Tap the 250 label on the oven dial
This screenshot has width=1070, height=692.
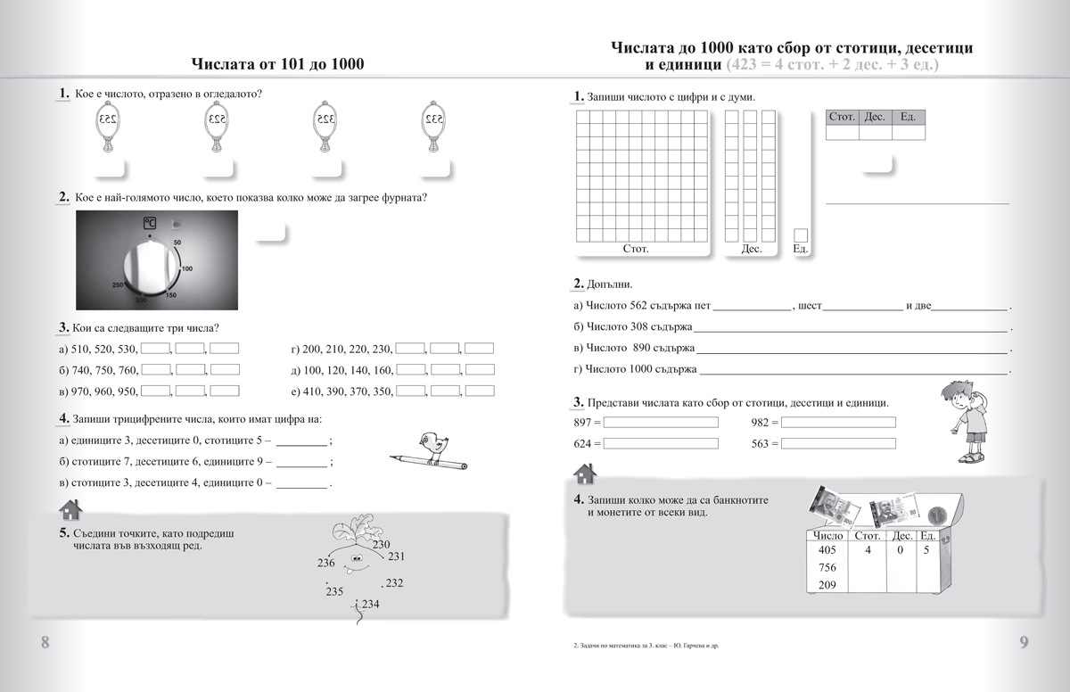[x=117, y=284]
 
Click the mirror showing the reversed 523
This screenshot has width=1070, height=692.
[x=216, y=120]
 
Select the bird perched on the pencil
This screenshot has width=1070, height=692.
[x=429, y=443]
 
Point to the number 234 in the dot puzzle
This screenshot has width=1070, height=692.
[x=370, y=605]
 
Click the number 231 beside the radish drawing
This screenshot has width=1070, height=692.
[x=397, y=556]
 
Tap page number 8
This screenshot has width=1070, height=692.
[x=45, y=643]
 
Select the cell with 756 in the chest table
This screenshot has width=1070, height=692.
[x=827, y=568]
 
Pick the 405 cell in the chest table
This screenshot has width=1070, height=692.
[x=827, y=550]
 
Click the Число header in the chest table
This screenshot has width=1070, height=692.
[x=827, y=536]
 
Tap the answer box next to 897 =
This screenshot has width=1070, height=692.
[x=661, y=422]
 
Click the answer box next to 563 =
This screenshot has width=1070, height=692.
[x=838, y=443]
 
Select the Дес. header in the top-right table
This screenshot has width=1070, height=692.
[x=875, y=117]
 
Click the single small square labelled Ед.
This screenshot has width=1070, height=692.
[x=800, y=235]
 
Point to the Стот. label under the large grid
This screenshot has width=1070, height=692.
[x=636, y=249]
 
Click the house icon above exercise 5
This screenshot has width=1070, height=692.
[x=69, y=509]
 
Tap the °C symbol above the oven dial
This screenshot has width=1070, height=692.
[x=150, y=223]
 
